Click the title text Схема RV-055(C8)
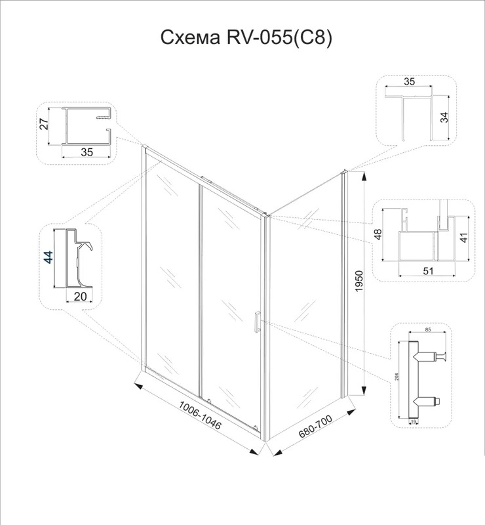coord(246,37)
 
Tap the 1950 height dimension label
coord(359,282)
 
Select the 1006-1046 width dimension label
coord(200,415)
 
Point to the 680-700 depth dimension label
coord(315,426)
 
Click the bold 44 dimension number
coord(48,257)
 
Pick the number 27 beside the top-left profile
coord(44,123)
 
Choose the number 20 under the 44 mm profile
coord(79,297)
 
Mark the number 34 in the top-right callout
coord(444,117)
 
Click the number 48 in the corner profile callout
coord(378,234)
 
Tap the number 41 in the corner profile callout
coord(463,238)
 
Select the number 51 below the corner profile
coord(428,270)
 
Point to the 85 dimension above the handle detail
coord(428,329)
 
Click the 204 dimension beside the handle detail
coord(397,377)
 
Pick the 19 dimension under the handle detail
coord(414,422)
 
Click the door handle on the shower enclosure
coord(257,322)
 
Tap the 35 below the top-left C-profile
coord(87,152)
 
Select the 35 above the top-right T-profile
coord(409,81)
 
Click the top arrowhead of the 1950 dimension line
coord(364,176)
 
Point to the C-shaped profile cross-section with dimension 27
coord(87,127)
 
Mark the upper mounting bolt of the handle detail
coord(431,356)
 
